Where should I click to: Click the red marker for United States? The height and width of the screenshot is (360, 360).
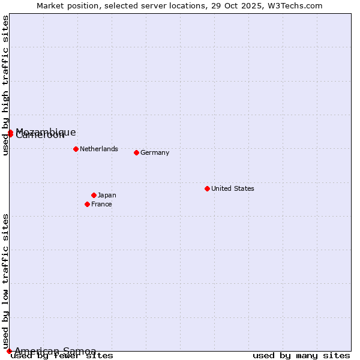tap(207, 188)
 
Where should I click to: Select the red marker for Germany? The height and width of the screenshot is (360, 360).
tap(136, 152)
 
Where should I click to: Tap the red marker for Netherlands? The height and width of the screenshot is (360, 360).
tap(76, 149)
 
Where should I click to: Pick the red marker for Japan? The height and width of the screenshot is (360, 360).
tap(94, 195)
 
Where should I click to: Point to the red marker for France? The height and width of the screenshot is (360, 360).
tap(87, 204)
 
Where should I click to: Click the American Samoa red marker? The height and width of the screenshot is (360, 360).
tap(9, 351)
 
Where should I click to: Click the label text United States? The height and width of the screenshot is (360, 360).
tap(233, 188)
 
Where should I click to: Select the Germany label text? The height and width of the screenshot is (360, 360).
tap(155, 152)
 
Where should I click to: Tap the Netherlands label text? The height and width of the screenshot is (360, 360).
tap(99, 149)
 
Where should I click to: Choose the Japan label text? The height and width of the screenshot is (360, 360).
tap(107, 195)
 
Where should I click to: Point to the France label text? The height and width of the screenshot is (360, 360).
tap(101, 204)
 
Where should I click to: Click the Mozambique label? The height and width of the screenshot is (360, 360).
tap(46, 131)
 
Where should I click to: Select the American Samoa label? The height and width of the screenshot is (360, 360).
tap(55, 351)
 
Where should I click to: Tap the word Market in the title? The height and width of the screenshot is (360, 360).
tap(50, 5)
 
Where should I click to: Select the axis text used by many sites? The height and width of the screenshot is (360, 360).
tap(301, 356)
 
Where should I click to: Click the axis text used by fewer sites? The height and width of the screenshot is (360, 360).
tap(62, 356)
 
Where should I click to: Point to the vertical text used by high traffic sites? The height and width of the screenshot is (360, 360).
tap(5, 85)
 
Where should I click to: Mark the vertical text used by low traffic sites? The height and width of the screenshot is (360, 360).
tap(5, 281)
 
